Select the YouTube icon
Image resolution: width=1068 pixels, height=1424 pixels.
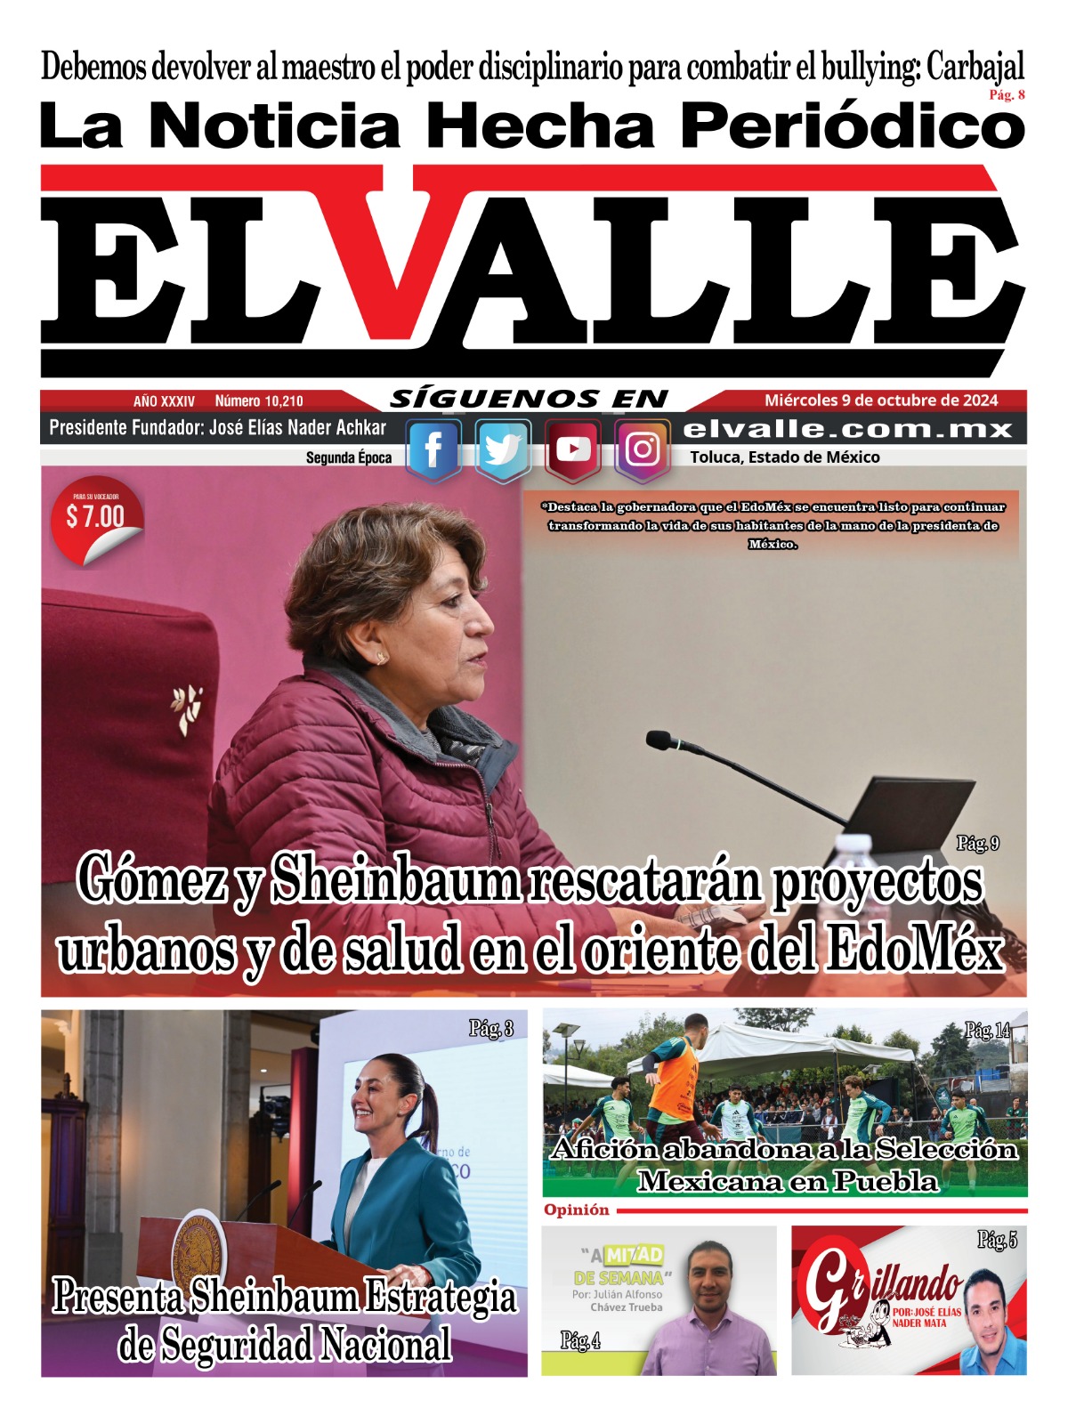pyautogui.click(x=572, y=449)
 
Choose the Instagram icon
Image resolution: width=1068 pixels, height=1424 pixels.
pyautogui.click(x=642, y=449)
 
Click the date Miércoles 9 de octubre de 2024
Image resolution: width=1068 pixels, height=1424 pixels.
pyautogui.click(x=881, y=400)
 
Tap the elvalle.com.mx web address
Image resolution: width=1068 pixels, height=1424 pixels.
pyautogui.click(x=847, y=429)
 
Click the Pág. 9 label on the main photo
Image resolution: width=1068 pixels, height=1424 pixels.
pyautogui.click(x=977, y=843)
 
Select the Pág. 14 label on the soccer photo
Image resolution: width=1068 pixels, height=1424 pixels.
pyautogui.click(x=987, y=1031)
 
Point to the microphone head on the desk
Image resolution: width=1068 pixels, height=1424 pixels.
pyautogui.click(x=661, y=740)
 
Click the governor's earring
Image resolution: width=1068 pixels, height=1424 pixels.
pyautogui.click(x=382, y=659)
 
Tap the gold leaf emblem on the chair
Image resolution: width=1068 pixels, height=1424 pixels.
pyautogui.click(x=188, y=708)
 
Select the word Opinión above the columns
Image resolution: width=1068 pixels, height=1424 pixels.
pyautogui.click(x=577, y=1210)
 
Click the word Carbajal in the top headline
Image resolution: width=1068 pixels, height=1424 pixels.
pyautogui.click(x=975, y=67)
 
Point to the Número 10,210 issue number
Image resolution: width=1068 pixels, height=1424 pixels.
pyautogui.click(x=259, y=401)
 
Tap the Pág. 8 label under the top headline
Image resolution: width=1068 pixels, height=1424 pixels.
pyautogui.click(x=1007, y=95)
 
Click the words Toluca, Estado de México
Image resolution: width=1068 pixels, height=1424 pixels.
pyautogui.click(x=785, y=457)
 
